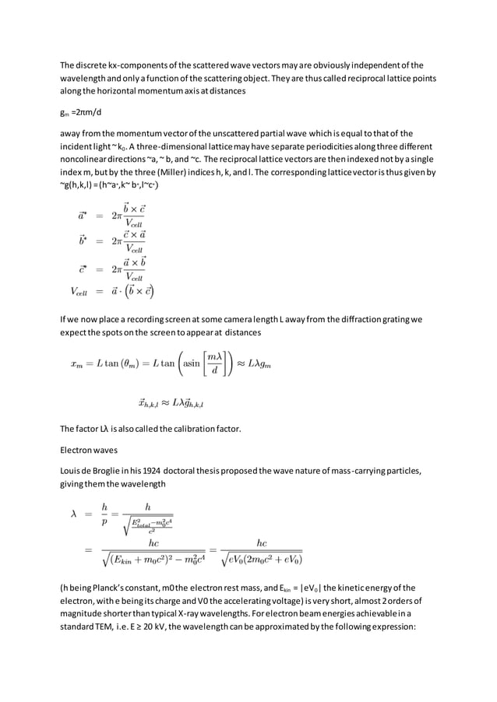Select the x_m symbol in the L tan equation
coord(77,366)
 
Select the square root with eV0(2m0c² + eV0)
coord(263,558)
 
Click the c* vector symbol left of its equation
coord(83,269)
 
